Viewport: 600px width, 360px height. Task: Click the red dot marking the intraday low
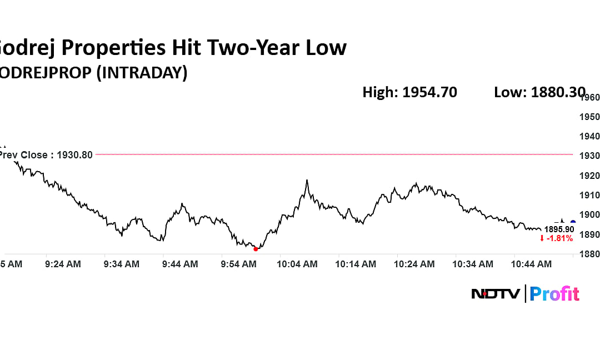click(x=256, y=249)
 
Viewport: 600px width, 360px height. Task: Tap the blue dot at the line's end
click(x=573, y=222)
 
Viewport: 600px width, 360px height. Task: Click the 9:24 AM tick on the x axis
click(x=63, y=264)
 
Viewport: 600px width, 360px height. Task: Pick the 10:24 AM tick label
click(x=414, y=264)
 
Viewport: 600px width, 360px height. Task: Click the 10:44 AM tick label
click(x=531, y=264)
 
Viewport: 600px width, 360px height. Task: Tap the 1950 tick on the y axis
click(x=590, y=117)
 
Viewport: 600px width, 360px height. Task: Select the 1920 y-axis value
click(x=590, y=176)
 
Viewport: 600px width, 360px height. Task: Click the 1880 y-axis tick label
click(x=590, y=254)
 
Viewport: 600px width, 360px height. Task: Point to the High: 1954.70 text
click(x=409, y=92)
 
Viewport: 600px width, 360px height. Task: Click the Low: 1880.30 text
click(x=539, y=92)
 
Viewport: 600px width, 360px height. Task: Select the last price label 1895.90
click(x=559, y=229)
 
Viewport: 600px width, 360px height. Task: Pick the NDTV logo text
click(x=496, y=293)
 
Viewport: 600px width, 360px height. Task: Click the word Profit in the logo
click(x=554, y=293)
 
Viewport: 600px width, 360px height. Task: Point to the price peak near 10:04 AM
click(x=306, y=180)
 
